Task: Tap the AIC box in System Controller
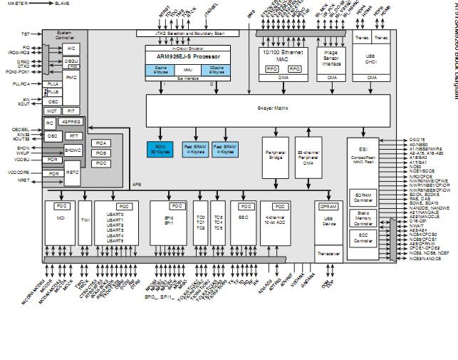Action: click(71, 48)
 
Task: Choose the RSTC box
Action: click(73, 171)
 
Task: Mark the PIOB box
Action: click(100, 153)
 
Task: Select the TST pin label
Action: click(26, 34)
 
